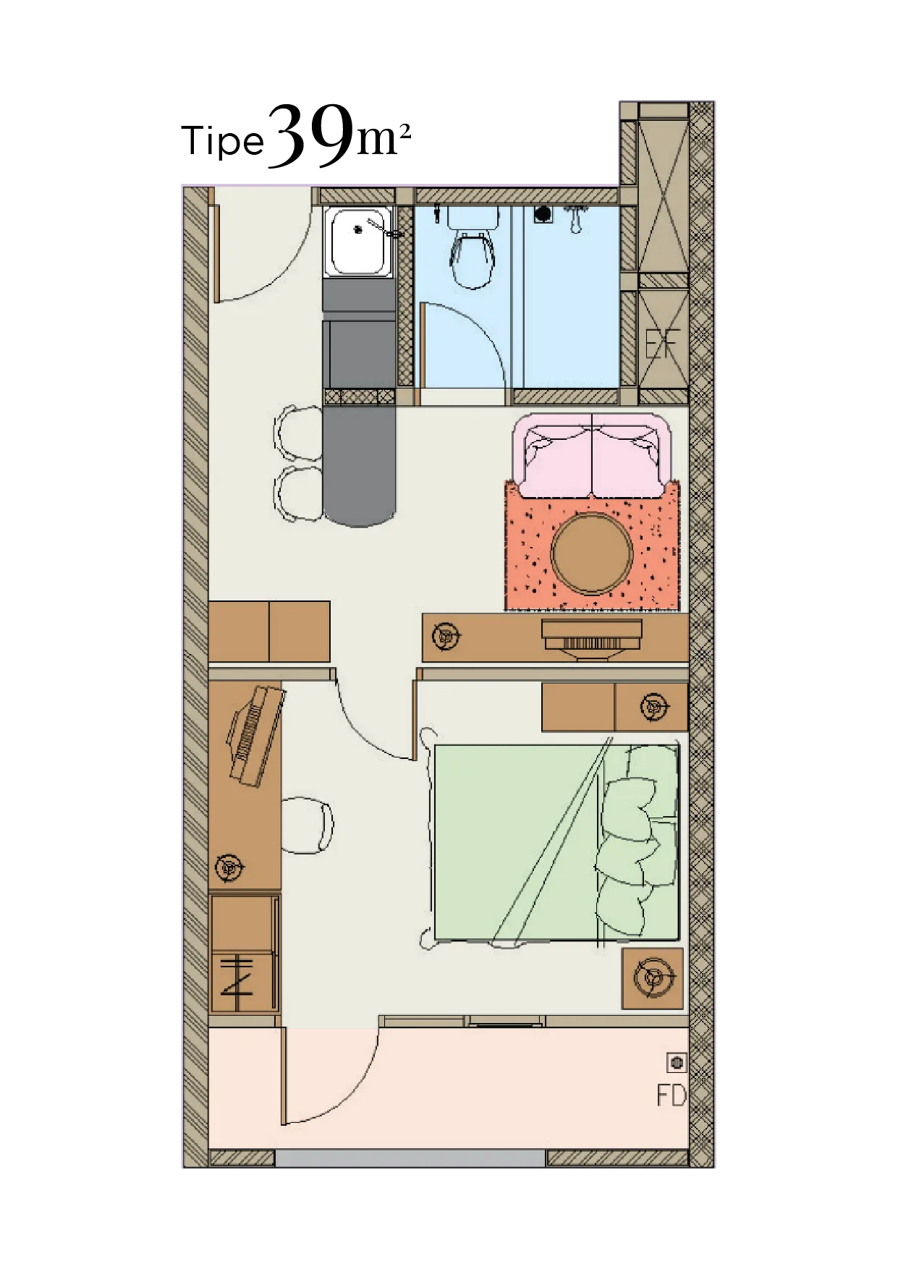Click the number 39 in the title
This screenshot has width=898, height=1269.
pyautogui.click(x=313, y=135)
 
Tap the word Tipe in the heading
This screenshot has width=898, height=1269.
pyautogui.click(x=223, y=141)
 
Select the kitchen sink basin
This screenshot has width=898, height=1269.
pyautogui.click(x=358, y=242)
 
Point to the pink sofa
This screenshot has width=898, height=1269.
pyautogui.click(x=593, y=456)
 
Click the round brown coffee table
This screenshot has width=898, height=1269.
pyautogui.click(x=593, y=553)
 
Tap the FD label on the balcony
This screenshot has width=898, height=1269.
pyautogui.click(x=671, y=1096)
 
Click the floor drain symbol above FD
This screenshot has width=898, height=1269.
pyautogui.click(x=677, y=1062)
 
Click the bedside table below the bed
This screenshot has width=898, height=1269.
pyautogui.click(x=653, y=978)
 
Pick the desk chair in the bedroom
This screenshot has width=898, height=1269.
pyautogui.click(x=307, y=825)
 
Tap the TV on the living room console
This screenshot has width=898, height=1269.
pyautogui.click(x=592, y=639)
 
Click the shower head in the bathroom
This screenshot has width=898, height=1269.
pyautogui.click(x=576, y=218)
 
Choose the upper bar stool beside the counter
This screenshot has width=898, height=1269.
pyautogui.click(x=298, y=433)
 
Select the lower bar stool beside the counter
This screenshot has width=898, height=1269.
pyautogui.click(x=298, y=493)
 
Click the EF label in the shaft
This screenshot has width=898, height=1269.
pyautogui.click(x=663, y=344)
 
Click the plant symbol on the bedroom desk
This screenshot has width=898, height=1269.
pyautogui.click(x=231, y=867)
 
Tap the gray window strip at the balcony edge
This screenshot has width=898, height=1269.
pyautogui.click(x=410, y=1158)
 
